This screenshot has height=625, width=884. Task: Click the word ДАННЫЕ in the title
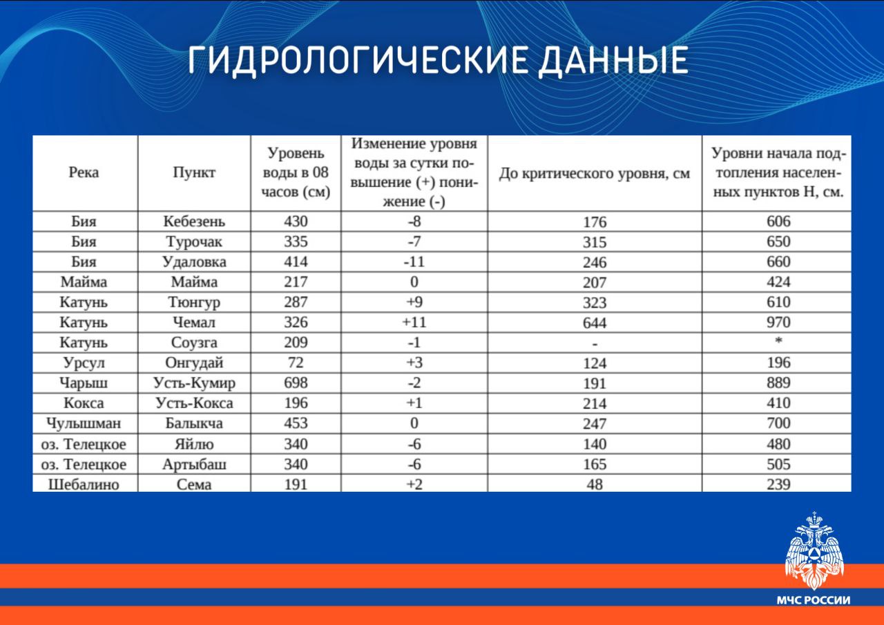(613, 60)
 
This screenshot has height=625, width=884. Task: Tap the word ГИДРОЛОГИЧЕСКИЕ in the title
(358, 60)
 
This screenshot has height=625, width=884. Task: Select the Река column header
(84, 173)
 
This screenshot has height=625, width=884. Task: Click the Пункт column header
(194, 173)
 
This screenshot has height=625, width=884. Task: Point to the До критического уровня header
(595, 173)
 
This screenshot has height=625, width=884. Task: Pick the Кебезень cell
(194, 222)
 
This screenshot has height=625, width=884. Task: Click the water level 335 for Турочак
(296, 242)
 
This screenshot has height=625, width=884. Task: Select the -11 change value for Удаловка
(414, 262)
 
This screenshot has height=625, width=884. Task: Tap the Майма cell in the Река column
(84, 282)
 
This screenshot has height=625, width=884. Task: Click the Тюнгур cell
(194, 302)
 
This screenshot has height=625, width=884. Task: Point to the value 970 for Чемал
(778, 323)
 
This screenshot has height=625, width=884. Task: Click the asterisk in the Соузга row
(778, 340)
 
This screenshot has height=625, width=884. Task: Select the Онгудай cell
(194, 363)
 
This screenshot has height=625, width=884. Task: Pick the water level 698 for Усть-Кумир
(296, 383)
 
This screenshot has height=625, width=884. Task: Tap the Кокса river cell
(84, 403)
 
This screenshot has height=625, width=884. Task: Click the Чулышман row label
(84, 423)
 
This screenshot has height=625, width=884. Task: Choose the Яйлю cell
(194, 444)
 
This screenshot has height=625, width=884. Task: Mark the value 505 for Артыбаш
(778, 464)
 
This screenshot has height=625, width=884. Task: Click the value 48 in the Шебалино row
(595, 485)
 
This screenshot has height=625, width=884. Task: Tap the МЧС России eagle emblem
(814, 550)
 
